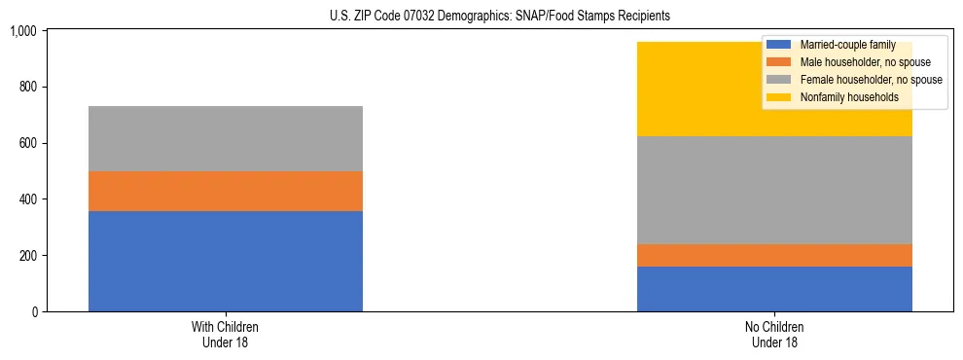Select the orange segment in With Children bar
tap(226, 191)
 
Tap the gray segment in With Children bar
tap(226, 138)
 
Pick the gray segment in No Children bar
tap(774, 190)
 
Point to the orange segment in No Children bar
tap(774, 255)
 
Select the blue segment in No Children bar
tap(774, 289)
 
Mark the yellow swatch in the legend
tap(779, 97)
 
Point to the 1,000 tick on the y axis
tap(22, 31)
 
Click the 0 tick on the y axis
tap(34, 311)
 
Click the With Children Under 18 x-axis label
tap(226, 334)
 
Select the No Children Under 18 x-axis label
tap(774, 334)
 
